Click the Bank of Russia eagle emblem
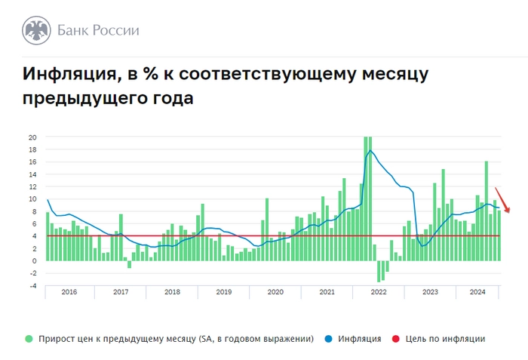point(35,31)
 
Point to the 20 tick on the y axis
point(32,137)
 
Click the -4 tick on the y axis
point(32,285)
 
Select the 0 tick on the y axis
point(35,260)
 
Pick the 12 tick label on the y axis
point(32,186)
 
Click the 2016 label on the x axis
point(69,291)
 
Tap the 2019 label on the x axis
point(223,291)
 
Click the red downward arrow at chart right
point(503,200)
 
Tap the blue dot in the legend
point(330,339)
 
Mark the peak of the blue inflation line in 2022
point(370,151)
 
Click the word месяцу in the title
point(393,74)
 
